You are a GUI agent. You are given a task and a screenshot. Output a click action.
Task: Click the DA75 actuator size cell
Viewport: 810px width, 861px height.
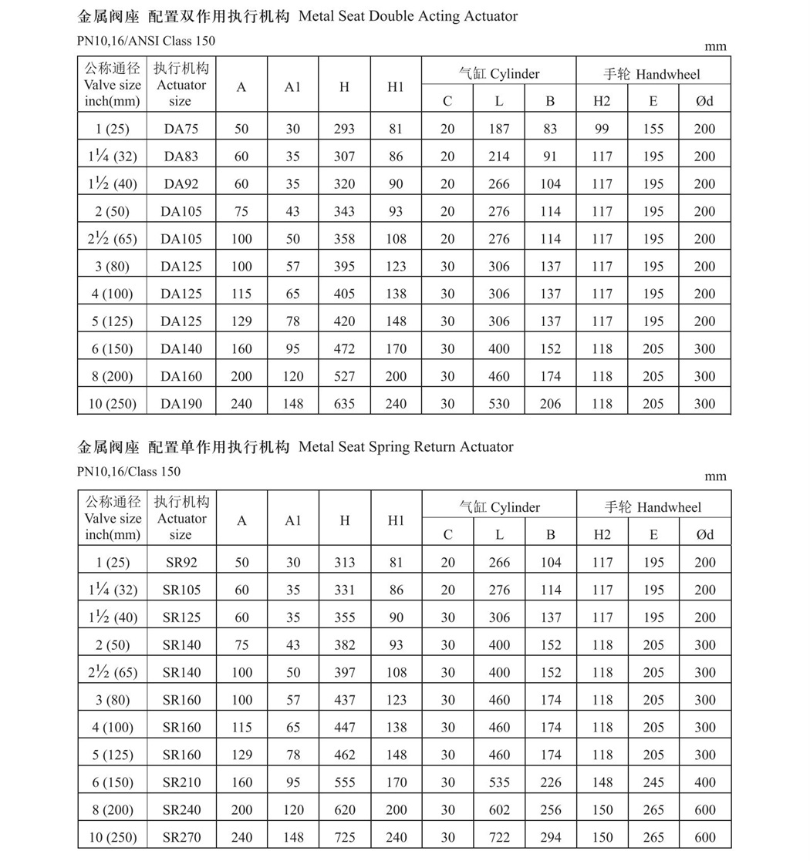tap(181, 129)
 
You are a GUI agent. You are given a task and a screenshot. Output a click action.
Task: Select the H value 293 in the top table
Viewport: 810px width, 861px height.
tap(344, 129)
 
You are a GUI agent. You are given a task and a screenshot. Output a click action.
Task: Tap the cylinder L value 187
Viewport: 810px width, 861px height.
tap(499, 129)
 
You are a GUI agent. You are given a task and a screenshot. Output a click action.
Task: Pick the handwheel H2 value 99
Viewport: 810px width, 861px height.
tap(602, 129)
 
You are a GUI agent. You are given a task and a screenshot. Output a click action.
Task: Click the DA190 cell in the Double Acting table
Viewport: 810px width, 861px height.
tap(181, 403)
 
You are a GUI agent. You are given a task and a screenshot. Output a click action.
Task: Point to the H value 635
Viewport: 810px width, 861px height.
tap(344, 403)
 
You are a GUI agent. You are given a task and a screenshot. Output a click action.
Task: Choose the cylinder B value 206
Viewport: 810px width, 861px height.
tap(551, 403)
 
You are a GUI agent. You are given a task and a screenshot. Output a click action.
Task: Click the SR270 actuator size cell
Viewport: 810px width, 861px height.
tap(181, 837)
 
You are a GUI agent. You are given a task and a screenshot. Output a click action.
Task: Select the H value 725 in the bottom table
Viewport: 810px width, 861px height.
tap(345, 837)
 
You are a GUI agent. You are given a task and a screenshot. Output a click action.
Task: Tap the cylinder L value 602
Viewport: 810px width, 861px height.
tap(499, 809)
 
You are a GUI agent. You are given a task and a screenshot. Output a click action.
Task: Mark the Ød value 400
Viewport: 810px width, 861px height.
tap(705, 782)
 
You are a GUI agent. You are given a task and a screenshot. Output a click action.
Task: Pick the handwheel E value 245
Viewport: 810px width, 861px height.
tap(653, 782)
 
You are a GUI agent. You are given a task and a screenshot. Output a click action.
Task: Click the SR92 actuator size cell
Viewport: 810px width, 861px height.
tap(181, 563)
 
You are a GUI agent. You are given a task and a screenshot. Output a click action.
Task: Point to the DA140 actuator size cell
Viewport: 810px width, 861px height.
tap(181, 348)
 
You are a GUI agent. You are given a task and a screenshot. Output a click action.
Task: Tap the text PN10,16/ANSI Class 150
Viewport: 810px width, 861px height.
tap(147, 41)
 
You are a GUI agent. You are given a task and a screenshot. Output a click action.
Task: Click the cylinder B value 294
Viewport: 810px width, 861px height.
tap(551, 837)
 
